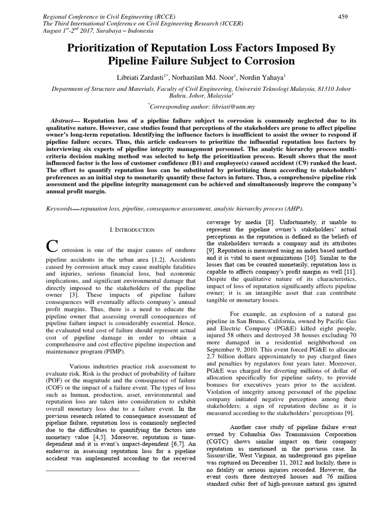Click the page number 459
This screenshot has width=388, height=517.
point(343,17)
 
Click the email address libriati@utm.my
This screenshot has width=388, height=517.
point(218,107)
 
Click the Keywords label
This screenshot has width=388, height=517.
point(58,209)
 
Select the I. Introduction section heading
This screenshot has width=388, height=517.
point(132,230)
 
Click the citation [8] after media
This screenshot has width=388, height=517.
point(270,222)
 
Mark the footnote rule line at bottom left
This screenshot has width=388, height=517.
point(92,471)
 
